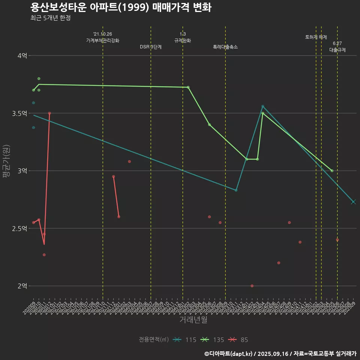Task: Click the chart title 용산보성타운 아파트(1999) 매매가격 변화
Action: point(120,7)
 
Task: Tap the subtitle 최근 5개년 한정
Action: point(50,18)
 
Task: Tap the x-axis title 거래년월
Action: point(193,320)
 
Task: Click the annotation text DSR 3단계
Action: point(151,47)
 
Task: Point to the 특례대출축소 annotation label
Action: point(225,47)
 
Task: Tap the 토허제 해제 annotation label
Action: point(316,37)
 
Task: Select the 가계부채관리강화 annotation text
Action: point(103,40)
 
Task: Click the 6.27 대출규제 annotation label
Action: point(337,47)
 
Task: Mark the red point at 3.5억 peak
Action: point(49,113)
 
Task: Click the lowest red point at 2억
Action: point(252,286)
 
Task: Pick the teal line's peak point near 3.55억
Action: point(262,106)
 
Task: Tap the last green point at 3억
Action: point(332,171)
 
